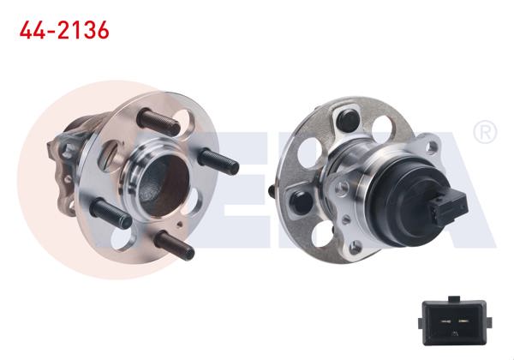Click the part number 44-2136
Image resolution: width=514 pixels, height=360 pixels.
point(64,32)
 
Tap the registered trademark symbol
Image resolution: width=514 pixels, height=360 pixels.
point(485,132)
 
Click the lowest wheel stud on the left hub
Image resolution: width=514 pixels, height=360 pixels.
point(176,245)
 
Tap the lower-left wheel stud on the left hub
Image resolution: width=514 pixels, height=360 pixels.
point(109,212)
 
